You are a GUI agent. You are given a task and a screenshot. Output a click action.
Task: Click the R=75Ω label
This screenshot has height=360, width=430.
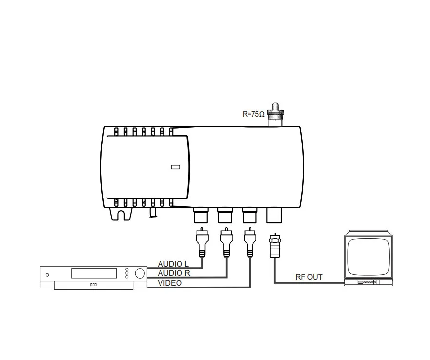point(253,114)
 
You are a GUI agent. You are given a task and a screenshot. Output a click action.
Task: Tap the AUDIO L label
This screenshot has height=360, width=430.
point(173,264)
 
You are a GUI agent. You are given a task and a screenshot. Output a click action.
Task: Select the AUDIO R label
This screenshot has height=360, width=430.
point(174,273)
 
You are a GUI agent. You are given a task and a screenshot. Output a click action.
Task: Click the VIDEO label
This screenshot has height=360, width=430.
point(170,283)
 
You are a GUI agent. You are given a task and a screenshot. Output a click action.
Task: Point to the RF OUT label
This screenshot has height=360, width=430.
point(309,277)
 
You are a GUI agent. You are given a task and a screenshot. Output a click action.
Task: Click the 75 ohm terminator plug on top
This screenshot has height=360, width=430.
point(275,115)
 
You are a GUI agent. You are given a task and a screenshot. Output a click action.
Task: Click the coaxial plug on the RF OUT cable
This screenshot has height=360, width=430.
point(275,246)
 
